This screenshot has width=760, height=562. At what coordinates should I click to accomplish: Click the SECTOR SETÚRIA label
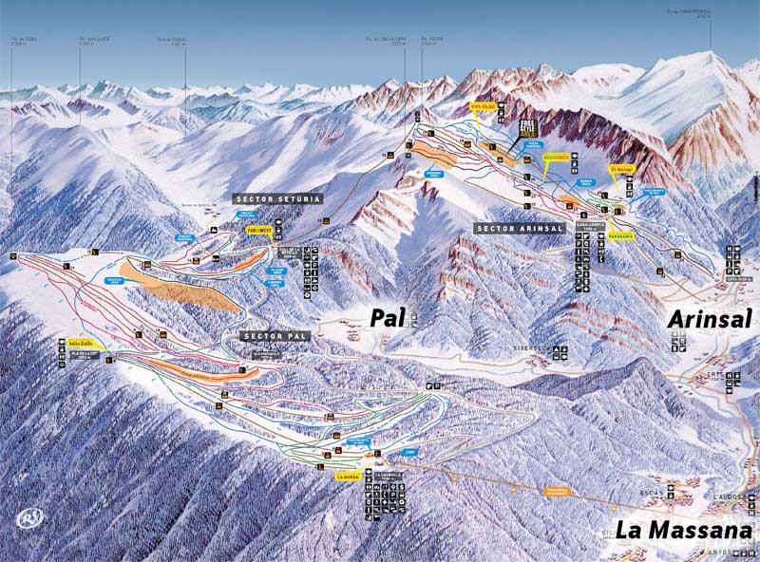[x=277, y=199]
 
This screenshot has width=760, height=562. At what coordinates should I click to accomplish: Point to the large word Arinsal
[x=709, y=319]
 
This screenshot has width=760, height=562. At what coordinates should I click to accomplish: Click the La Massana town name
[x=683, y=531]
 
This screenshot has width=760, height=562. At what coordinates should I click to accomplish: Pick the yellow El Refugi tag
[x=622, y=169]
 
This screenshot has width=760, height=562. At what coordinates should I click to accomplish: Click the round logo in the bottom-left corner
[x=28, y=518]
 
